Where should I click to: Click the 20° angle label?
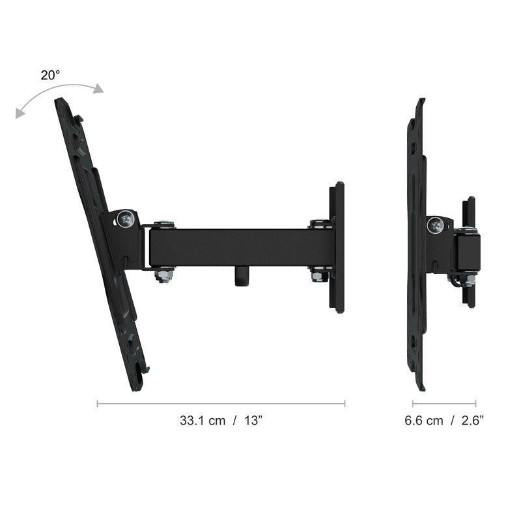point(50,75)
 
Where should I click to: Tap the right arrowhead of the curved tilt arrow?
point(98,89)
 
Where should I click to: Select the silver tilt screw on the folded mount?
point(434,225)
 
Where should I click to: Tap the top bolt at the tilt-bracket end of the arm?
point(165,225)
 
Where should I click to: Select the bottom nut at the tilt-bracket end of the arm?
point(164,275)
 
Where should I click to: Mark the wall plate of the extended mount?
point(337,247)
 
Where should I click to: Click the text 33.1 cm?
point(202,421)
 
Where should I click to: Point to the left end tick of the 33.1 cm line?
point(98,404)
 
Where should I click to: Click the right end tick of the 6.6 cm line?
point(475,404)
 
